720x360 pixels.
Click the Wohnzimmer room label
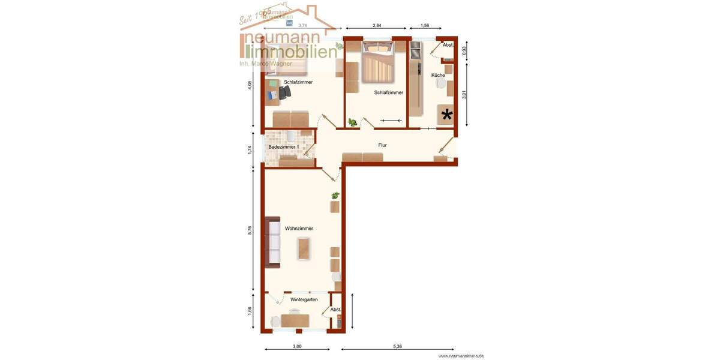pyautogui.click(x=299, y=229)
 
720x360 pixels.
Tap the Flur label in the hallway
pyautogui.click(x=382, y=145)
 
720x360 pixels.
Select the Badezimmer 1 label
pyautogui.click(x=283, y=147)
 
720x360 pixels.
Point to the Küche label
pyautogui.click(x=438, y=76)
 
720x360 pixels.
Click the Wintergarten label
pyautogui.click(x=304, y=299)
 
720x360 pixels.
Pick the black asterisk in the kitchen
pyautogui.click(x=447, y=114)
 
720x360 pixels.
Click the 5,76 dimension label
pyautogui.click(x=250, y=230)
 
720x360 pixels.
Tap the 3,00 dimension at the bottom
pyautogui.click(x=297, y=346)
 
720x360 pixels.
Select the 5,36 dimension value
pyautogui.click(x=397, y=346)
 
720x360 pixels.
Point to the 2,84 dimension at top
pyautogui.click(x=377, y=25)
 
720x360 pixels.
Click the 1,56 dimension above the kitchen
pyautogui.click(x=425, y=25)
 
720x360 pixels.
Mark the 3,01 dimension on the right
pyautogui.click(x=464, y=95)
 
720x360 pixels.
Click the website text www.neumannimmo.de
pyautogui.click(x=461, y=356)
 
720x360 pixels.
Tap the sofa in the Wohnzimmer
pyautogui.click(x=274, y=242)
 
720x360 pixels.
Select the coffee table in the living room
pyautogui.click(x=304, y=248)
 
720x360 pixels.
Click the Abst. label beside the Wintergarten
pyautogui.click(x=335, y=310)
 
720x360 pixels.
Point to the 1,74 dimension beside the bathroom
pyautogui.click(x=250, y=150)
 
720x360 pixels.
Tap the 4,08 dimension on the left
pyautogui.click(x=250, y=85)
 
